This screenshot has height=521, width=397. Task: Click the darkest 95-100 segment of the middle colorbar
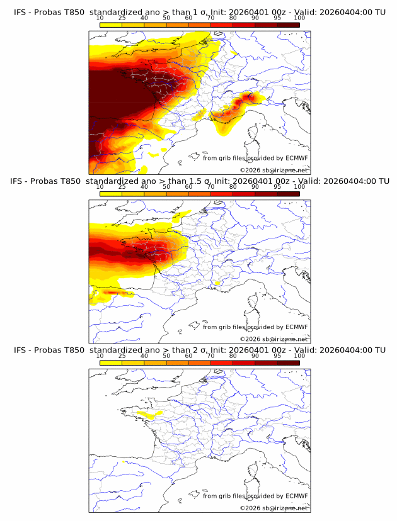click(288, 194)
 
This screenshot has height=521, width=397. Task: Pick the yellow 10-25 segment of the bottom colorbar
click(111, 363)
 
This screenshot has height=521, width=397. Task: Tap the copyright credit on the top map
click(274, 171)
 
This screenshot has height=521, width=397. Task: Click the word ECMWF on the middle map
click(296, 327)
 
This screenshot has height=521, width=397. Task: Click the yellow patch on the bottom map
click(149, 415)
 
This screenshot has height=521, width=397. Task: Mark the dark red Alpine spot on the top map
click(251, 97)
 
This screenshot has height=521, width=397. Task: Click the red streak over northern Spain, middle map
click(113, 293)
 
